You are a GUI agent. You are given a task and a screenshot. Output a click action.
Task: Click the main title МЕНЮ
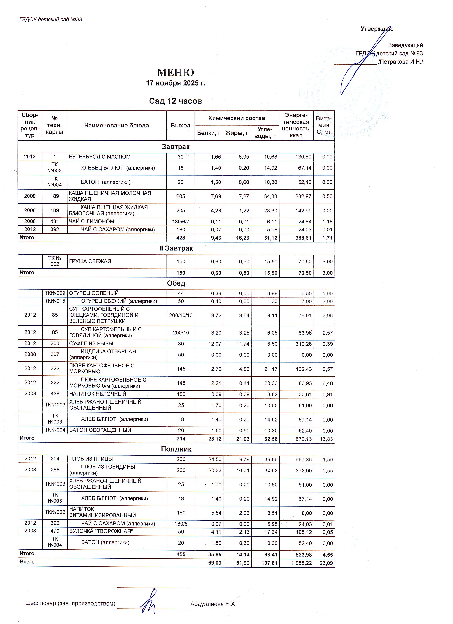pyautogui.click(x=176, y=73)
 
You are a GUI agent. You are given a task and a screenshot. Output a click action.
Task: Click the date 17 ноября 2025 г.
pyautogui.click(x=176, y=83)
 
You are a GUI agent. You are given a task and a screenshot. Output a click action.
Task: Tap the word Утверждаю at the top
pyautogui.click(x=377, y=29)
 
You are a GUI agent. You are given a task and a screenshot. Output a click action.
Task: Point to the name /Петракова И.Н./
pyautogui.click(x=400, y=62)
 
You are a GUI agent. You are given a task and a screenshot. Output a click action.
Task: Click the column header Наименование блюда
pyautogui.click(x=117, y=126)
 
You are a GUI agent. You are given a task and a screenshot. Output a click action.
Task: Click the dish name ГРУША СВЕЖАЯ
pyautogui.click(x=90, y=261)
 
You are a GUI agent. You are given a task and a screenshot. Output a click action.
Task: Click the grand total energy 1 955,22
pyautogui.click(x=301, y=563)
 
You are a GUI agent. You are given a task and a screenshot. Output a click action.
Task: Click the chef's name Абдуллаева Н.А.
pyautogui.click(x=213, y=604)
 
